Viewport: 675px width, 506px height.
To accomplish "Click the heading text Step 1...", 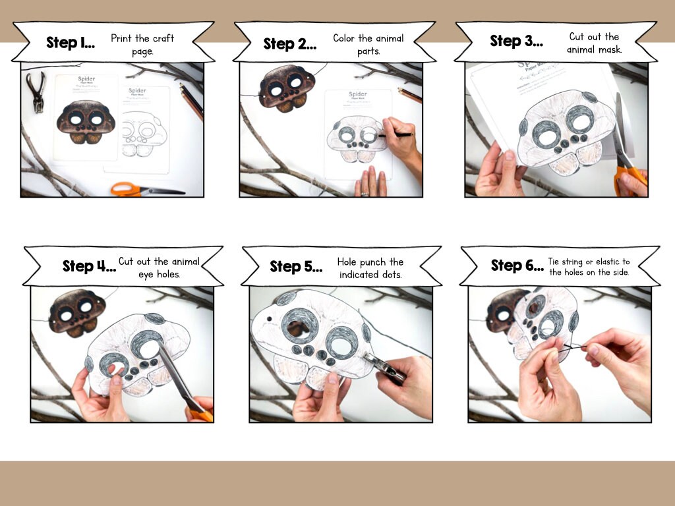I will pos(70,43).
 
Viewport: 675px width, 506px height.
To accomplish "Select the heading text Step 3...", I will pos(516,41).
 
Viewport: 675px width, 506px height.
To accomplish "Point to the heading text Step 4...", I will pos(89,266).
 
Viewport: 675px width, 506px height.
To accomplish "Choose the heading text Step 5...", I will pos(296,267).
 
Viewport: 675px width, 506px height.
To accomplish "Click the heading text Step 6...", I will pos(517,266).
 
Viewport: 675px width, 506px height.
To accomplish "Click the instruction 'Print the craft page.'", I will pos(142,44).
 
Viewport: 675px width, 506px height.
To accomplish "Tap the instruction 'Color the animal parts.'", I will pos(368,44).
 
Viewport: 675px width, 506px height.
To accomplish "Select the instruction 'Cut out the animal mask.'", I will pos(594,43).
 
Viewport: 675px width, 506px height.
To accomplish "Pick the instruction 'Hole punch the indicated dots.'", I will pos(370,267).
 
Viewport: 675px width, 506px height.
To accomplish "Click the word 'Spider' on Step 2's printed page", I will pos(359,95).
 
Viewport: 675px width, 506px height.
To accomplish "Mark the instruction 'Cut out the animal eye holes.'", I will pos(159,266).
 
